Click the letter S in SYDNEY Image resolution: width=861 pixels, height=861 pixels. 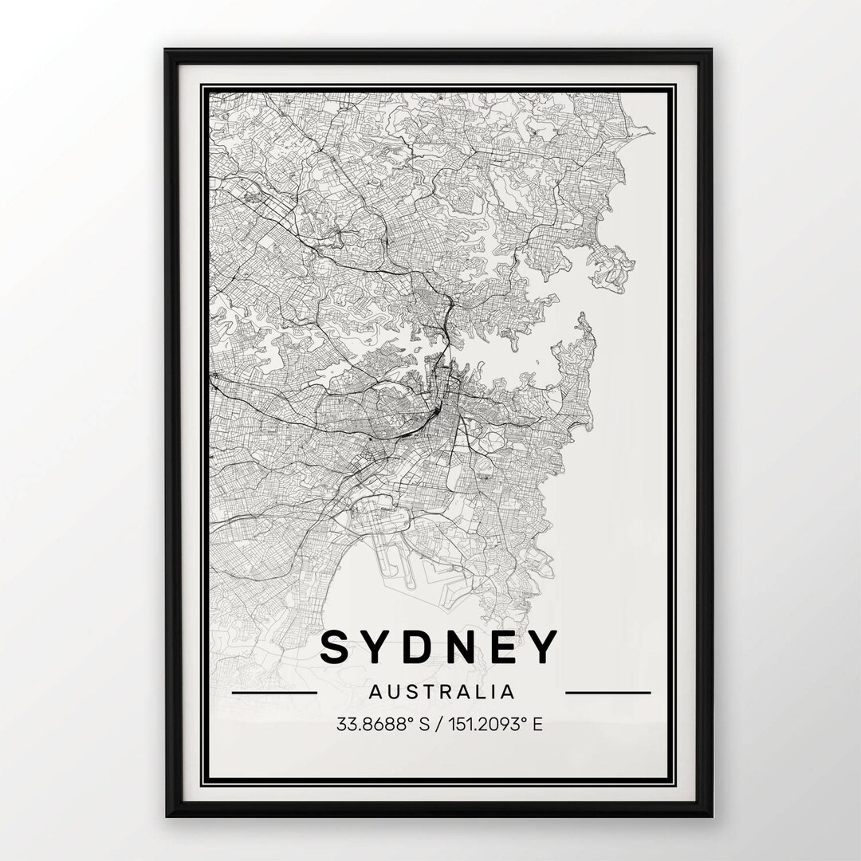click(336, 647)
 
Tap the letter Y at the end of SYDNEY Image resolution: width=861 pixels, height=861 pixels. click(541, 647)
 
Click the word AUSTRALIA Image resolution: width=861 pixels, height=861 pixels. click(441, 691)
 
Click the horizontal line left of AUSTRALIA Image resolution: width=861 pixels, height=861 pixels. click(273, 692)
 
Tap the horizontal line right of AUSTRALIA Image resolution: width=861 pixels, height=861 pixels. click(607, 692)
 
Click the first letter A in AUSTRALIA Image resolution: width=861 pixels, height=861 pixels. click(375, 691)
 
